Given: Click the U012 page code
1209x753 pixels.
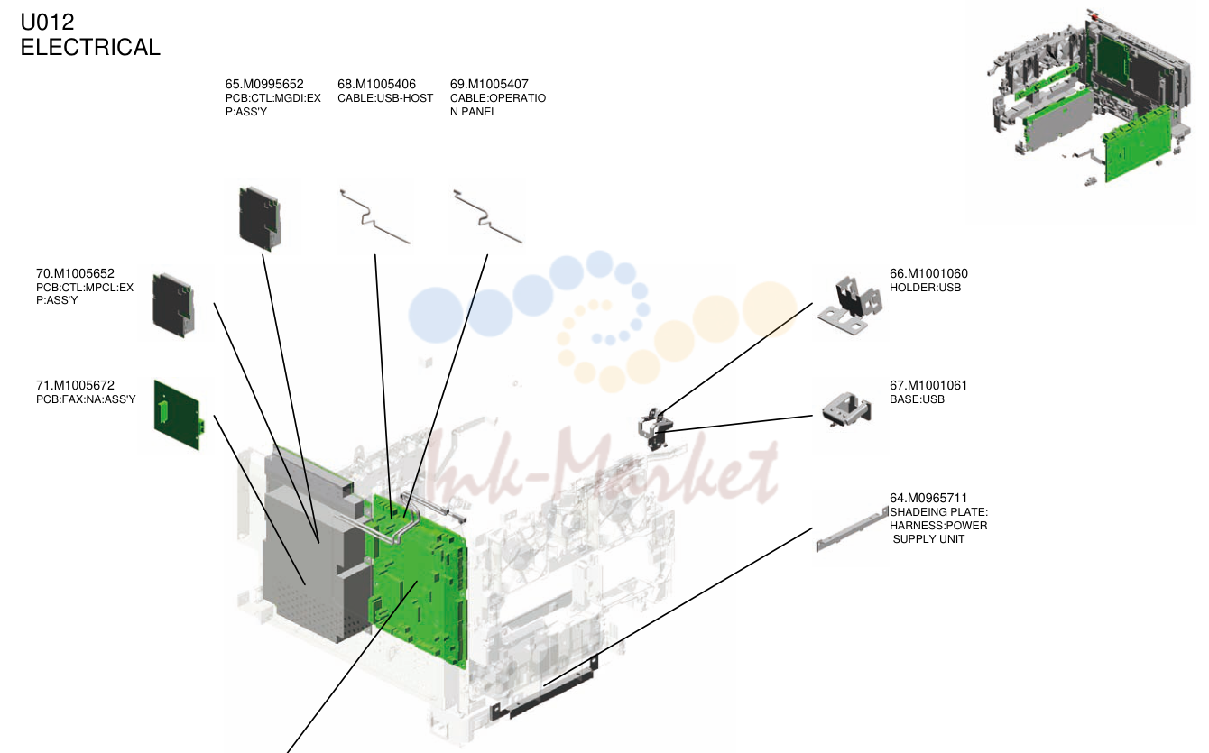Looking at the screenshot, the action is (47, 23).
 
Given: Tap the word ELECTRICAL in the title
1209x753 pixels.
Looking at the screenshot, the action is (90, 48).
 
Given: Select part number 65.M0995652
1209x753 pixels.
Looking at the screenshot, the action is (264, 84).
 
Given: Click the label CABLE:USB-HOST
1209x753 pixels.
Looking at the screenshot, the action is (385, 98).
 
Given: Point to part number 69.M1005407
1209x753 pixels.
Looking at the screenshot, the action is (489, 84).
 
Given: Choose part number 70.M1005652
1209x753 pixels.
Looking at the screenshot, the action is (75, 273).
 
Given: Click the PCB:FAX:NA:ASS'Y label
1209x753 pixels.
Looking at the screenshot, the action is (86, 399).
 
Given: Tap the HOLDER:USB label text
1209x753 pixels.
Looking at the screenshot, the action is (925, 288).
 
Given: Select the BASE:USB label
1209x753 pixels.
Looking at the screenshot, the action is (917, 399).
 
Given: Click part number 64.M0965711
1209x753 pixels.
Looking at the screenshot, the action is (928, 498).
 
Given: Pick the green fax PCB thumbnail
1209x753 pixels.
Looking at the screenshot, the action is (178, 415).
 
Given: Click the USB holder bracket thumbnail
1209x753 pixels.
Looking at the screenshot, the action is (850, 305).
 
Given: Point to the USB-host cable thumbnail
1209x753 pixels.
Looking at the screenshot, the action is (374, 216).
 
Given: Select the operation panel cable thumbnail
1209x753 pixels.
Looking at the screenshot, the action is (487, 216).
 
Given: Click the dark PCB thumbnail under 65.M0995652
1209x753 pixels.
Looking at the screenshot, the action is (260, 218).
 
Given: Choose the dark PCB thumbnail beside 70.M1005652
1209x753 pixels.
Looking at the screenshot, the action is (172, 306).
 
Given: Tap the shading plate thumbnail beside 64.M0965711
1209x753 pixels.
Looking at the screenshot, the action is (852, 529).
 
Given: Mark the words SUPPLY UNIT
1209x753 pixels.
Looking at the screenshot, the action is (928, 539).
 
